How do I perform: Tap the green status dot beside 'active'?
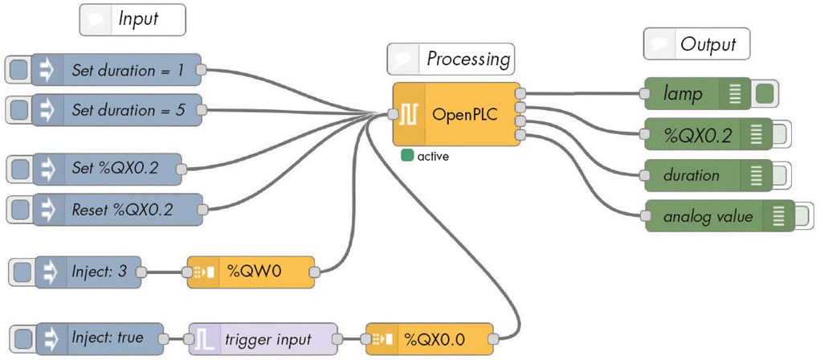(x=408, y=156)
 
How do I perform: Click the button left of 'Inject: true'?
(x=23, y=337)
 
